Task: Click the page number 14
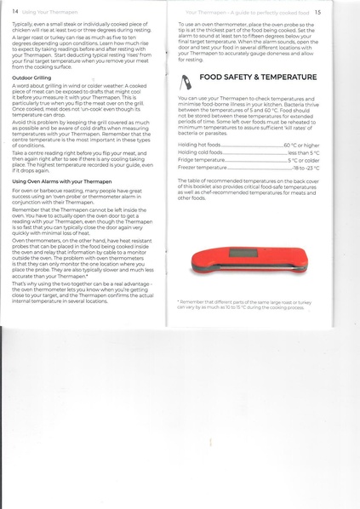15,13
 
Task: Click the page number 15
317,13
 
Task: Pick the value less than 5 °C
304,152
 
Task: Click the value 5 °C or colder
304,160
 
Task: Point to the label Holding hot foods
198,146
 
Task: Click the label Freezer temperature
202,168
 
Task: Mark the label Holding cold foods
199,152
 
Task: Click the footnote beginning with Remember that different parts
247,305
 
